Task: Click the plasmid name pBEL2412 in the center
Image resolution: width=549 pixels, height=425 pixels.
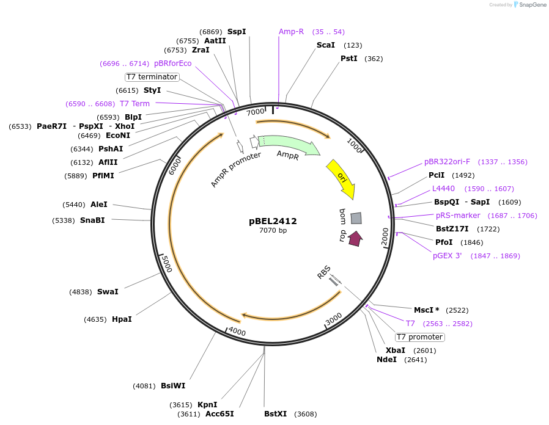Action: coord(273,221)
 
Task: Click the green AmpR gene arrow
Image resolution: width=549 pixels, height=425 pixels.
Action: coord(287,146)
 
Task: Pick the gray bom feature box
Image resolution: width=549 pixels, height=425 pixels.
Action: coord(356,218)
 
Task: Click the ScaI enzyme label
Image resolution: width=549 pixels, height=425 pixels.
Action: coord(325,45)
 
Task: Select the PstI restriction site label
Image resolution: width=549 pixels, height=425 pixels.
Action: coord(349,59)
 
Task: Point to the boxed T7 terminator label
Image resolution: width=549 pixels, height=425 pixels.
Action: coord(152,77)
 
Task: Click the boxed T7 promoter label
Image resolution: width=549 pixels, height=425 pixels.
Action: coord(419,337)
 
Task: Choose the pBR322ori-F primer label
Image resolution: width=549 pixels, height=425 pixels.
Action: coord(447,162)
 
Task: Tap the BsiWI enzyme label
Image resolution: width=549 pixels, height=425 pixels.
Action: coord(173,385)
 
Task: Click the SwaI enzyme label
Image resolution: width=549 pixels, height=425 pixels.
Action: coord(108,292)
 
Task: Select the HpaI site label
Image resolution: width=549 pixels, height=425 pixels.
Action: coord(122,319)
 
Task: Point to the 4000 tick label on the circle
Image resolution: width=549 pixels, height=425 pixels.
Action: coord(237,333)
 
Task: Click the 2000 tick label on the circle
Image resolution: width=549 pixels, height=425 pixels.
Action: coord(385,237)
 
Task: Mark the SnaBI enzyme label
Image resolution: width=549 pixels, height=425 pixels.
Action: coord(92,220)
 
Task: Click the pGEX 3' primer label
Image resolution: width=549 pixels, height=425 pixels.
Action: coord(448,256)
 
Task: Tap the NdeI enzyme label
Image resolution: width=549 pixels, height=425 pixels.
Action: coord(386,360)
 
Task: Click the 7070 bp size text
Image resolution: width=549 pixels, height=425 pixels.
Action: coord(273,231)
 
